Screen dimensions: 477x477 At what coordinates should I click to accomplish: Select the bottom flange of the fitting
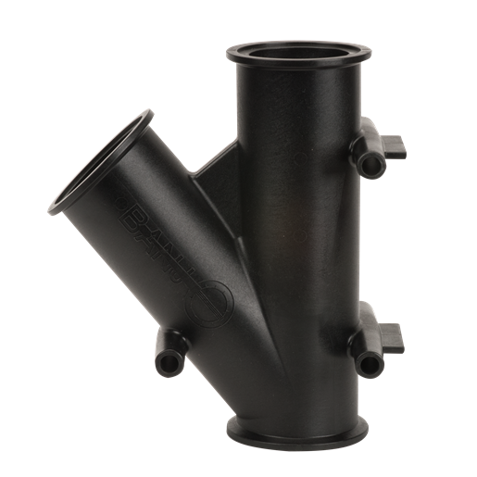pos(298,430)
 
